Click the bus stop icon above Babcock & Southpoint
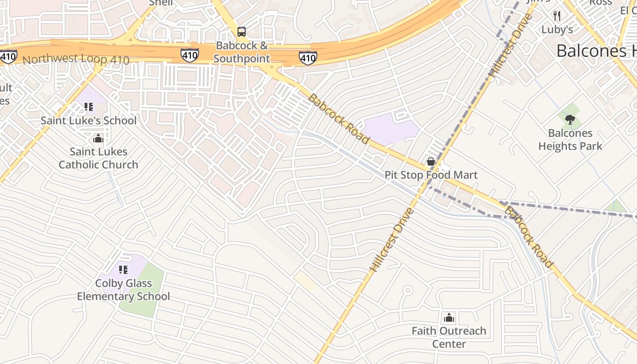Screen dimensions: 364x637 point(242,32)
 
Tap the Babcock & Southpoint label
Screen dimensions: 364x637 point(242,52)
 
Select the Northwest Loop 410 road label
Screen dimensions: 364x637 point(76,60)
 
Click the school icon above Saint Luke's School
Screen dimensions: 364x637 point(89,107)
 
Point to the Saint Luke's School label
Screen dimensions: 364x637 point(89,121)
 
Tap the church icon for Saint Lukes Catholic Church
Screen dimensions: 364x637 point(98,138)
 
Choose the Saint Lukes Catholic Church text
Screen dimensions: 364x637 point(98,158)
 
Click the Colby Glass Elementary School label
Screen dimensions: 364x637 point(123,290)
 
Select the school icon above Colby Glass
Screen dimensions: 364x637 point(123,270)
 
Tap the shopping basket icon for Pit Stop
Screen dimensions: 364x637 point(430,162)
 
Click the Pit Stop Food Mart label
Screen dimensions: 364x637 point(431,175)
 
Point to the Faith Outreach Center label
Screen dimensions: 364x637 point(449,337)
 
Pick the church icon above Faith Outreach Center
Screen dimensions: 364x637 point(449,317)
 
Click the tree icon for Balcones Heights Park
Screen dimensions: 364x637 point(570,120)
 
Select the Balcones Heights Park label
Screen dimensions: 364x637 point(570,140)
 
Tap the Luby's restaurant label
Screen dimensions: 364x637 point(557,30)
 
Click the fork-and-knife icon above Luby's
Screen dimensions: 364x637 point(557,16)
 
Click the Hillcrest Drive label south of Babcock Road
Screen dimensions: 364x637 point(392,240)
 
